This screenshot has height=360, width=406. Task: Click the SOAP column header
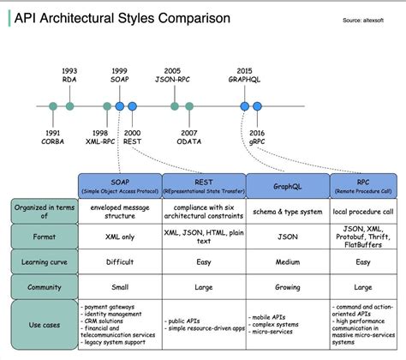coord(119,185)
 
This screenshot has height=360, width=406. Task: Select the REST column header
coord(203,185)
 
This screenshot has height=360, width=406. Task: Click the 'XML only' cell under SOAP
coord(119,236)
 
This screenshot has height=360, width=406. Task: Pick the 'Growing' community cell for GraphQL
coord(287,286)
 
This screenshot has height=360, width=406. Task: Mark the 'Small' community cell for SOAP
coord(119,286)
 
